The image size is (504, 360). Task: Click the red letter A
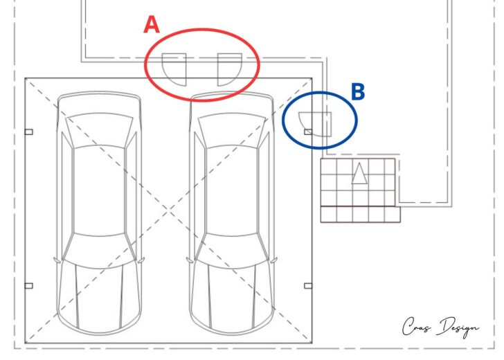click(x=152, y=25)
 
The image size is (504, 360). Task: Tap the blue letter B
click(x=358, y=92)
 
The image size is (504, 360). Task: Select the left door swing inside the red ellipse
click(x=174, y=69)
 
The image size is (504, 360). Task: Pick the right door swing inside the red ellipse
click(x=230, y=69)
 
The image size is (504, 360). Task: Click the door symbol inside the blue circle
click(x=315, y=125)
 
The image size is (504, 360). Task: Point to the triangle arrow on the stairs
click(x=359, y=173)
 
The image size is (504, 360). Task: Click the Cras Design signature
click(x=440, y=327)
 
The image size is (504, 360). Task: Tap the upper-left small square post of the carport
click(x=28, y=132)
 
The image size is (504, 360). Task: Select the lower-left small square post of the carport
click(x=28, y=286)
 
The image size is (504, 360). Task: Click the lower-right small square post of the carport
click(x=308, y=286)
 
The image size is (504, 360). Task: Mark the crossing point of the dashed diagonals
click(x=168, y=210)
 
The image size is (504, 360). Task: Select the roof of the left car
click(x=99, y=190)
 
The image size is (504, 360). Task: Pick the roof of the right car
click(x=232, y=190)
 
